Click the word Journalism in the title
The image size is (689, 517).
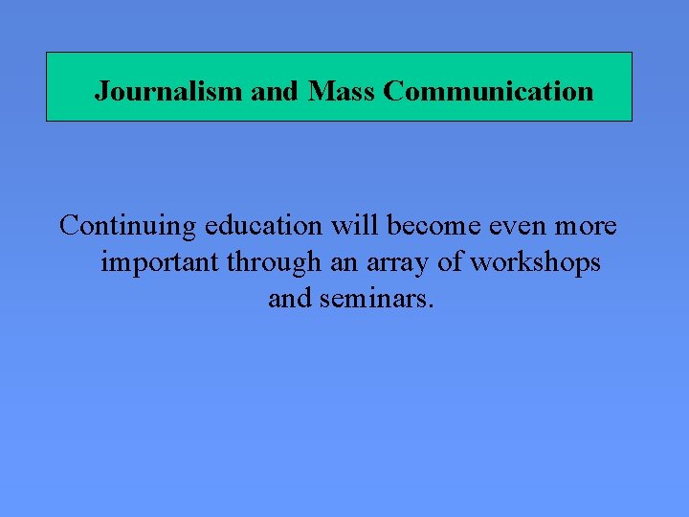[168, 92]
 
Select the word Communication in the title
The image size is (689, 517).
[488, 92]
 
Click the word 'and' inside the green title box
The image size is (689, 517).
[276, 92]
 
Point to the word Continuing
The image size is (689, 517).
[128, 226]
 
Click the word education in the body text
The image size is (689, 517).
[263, 226]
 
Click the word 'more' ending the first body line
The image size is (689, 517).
[587, 226]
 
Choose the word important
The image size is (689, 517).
[160, 262]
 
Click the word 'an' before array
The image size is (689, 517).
[342, 262]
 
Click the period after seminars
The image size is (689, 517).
[432, 306]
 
